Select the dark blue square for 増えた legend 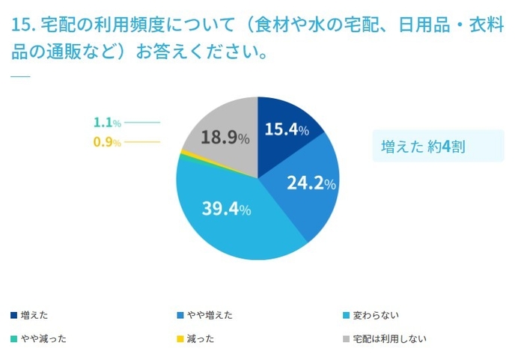coord(14,315)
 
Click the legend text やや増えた coord(210,315)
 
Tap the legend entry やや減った coord(44,338)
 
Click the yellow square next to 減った coord(180,338)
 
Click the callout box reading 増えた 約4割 coord(438,146)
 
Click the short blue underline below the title coord(20,76)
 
